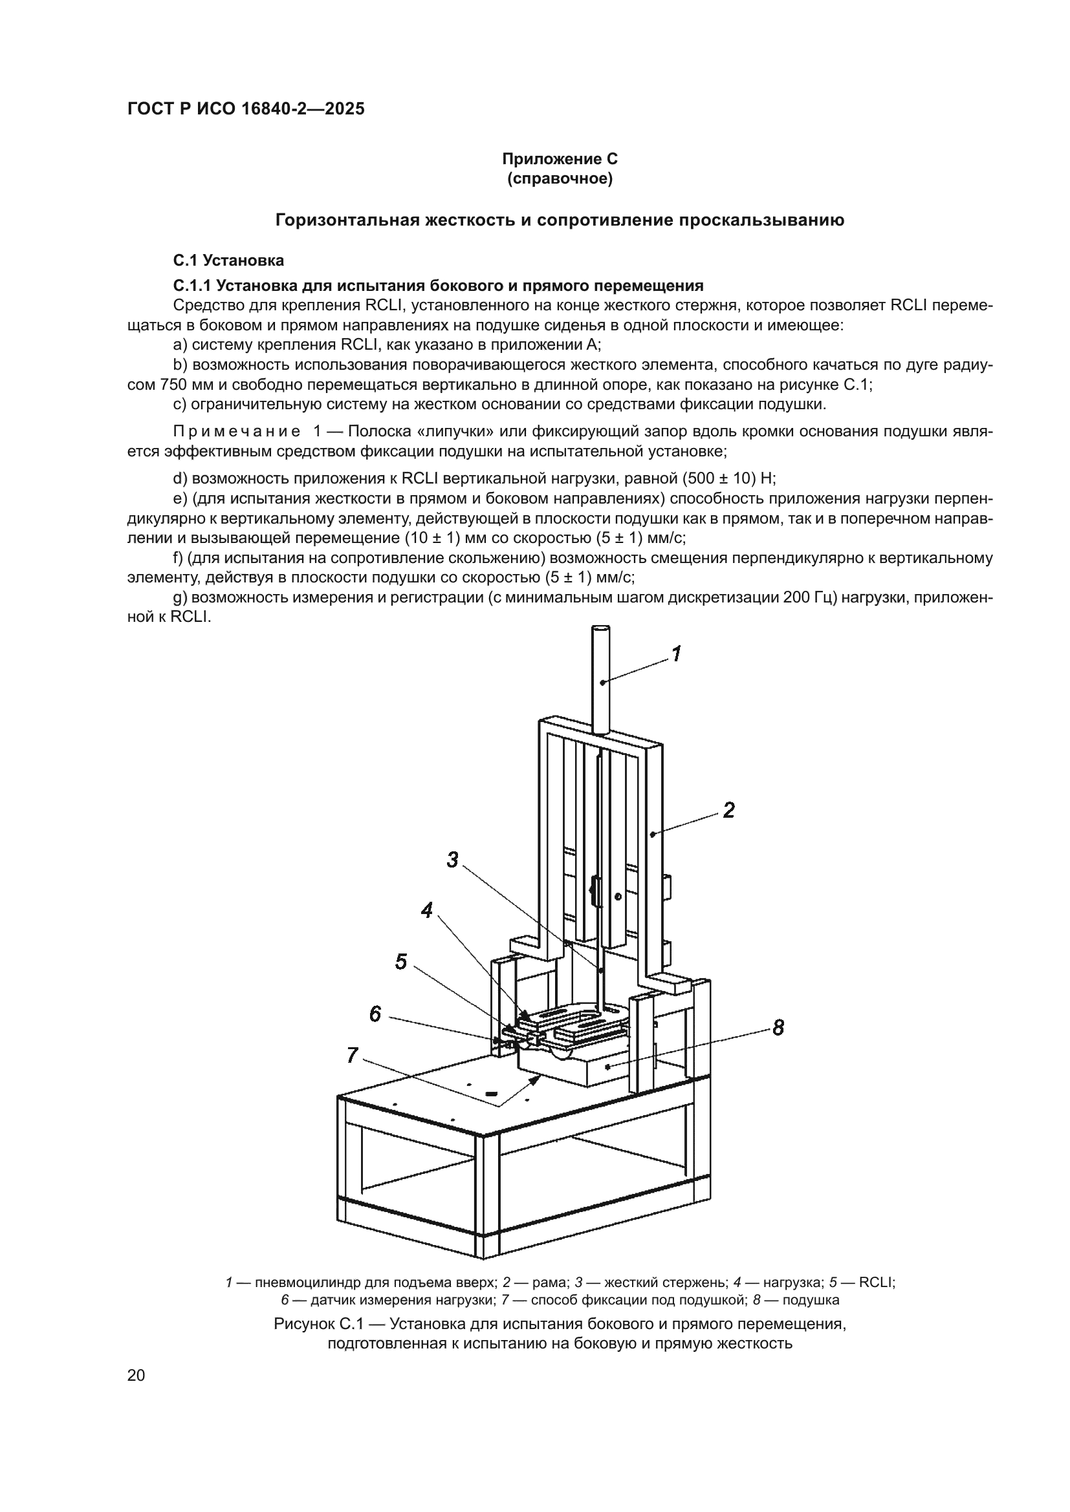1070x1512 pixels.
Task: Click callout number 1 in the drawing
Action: point(676,654)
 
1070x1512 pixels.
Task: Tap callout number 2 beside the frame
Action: point(728,810)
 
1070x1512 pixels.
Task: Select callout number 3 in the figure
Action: point(452,859)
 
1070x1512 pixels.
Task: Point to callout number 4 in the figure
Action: point(427,911)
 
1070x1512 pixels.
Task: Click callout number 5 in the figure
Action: point(401,962)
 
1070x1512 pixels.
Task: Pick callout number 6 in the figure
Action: point(375,1014)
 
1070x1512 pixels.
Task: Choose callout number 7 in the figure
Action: point(352,1056)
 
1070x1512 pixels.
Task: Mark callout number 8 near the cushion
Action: point(778,1027)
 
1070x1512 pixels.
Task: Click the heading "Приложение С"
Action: point(560,159)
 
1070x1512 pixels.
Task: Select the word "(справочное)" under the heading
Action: point(560,178)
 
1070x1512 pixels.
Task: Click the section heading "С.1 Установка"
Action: point(228,260)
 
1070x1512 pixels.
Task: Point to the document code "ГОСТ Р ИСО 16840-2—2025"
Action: point(246,109)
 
